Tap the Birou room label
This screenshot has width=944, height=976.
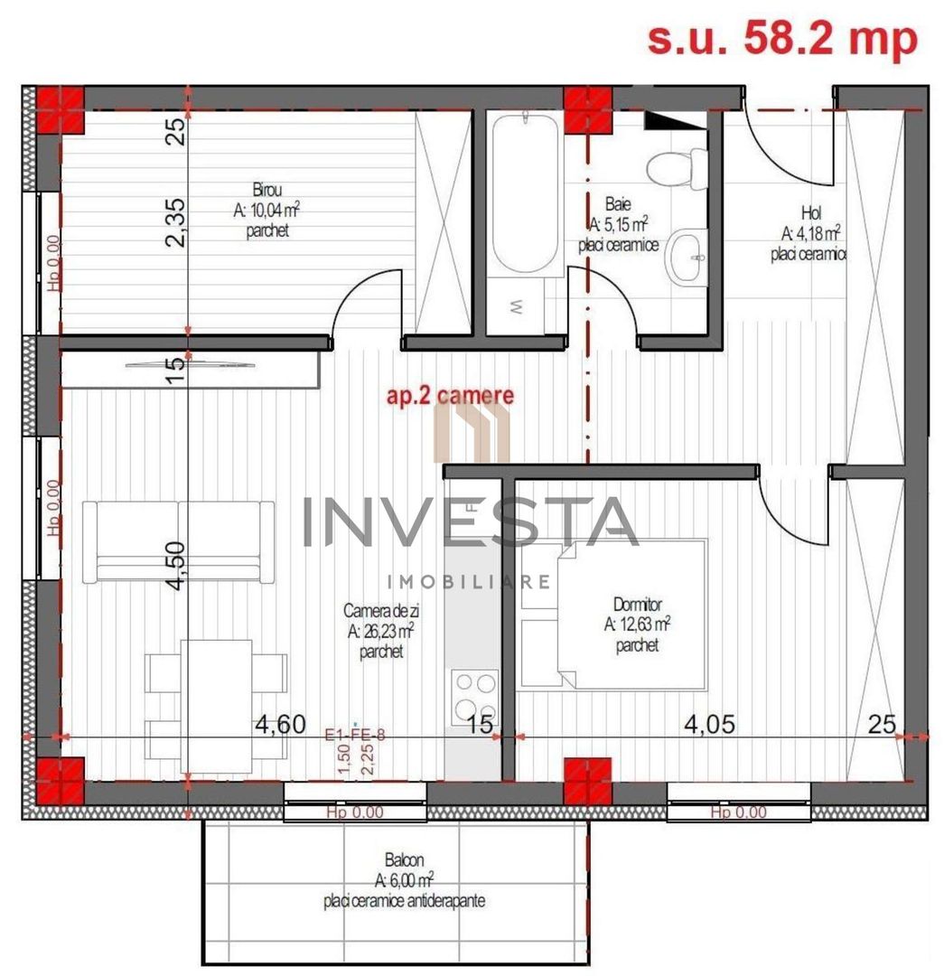(267, 191)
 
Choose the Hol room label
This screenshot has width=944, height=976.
(809, 213)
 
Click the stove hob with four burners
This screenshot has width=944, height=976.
(475, 695)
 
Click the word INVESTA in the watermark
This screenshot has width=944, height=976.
(469, 522)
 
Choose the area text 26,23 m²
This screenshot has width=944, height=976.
(380, 633)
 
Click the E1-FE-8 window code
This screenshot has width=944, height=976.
(355, 736)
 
